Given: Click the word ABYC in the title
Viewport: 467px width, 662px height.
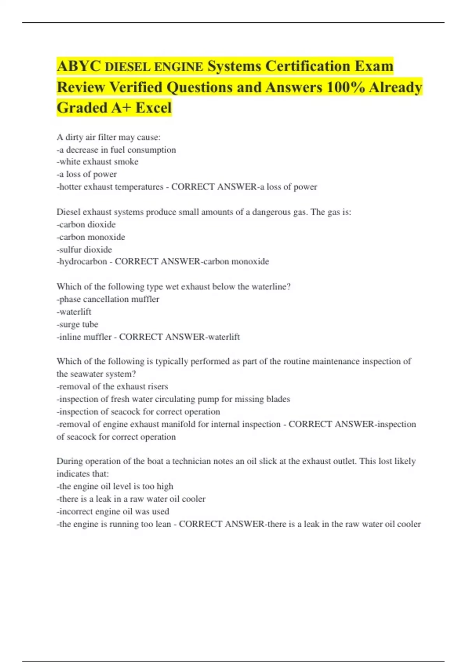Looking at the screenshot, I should point(79,66).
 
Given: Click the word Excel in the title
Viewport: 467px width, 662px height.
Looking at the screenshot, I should point(153,108).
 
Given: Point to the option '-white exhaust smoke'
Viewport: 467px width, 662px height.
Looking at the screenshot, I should point(97,162).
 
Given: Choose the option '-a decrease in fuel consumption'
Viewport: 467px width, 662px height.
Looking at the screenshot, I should point(116,150).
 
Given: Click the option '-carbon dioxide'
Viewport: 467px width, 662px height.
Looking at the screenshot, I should point(86,225).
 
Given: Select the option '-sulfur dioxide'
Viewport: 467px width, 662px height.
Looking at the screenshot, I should point(84,250).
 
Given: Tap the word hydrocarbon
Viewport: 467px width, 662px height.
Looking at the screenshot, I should point(83,262).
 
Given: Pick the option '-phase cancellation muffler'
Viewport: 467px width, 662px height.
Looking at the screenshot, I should point(108,299).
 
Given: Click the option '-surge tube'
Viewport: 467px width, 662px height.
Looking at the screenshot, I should point(77,324).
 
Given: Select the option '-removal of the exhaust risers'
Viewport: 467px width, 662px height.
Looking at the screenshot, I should point(112,387).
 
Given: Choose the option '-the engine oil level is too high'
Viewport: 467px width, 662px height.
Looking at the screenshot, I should point(115,486).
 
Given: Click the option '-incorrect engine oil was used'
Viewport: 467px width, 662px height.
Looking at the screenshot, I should point(113,511).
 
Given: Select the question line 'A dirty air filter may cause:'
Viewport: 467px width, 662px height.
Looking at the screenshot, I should point(108,137).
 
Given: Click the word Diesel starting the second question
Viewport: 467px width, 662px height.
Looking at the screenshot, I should point(68,212).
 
